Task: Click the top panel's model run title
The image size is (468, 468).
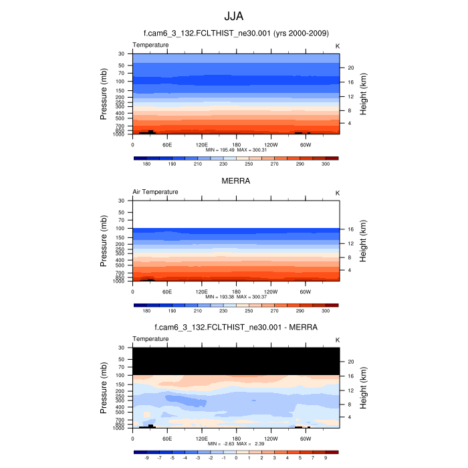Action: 236,33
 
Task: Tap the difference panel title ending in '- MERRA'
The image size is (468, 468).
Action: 236,328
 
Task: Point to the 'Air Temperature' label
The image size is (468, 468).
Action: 155,192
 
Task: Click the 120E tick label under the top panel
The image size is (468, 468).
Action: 202,144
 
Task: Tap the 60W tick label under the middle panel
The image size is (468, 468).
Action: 306,291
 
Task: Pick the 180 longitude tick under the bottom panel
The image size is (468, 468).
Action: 236,439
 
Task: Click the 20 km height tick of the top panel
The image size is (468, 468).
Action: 350,68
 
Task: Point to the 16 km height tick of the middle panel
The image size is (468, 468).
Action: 350,229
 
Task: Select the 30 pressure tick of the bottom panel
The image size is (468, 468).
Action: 122,348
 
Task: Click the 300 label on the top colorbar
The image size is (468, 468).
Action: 326,164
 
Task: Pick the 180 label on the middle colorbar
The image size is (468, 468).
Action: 146,311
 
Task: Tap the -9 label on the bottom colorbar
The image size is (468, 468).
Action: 146,459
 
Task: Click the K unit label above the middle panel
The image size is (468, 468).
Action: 338,193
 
